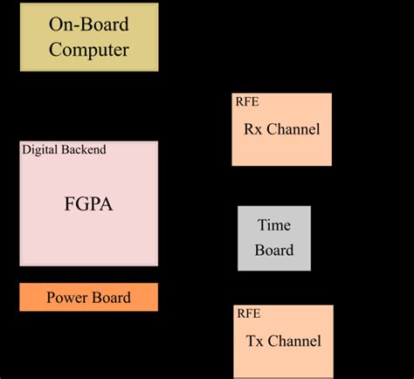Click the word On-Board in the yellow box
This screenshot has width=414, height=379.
pyautogui.click(x=89, y=25)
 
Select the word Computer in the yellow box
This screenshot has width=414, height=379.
pyautogui.click(x=89, y=49)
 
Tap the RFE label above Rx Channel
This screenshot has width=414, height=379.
pyautogui.click(x=246, y=100)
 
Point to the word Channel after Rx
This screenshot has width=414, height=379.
pyautogui.click(x=294, y=129)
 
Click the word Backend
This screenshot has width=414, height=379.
pyautogui.click(x=85, y=149)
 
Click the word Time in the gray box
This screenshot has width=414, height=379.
pyautogui.click(x=273, y=225)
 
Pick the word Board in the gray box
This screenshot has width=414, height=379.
pyautogui.click(x=273, y=250)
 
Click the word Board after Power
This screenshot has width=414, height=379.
pyautogui.click(x=112, y=298)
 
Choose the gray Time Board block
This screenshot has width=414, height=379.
pyautogui.click(x=273, y=238)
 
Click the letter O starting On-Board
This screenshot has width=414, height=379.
pyautogui.click(x=55, y=25)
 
